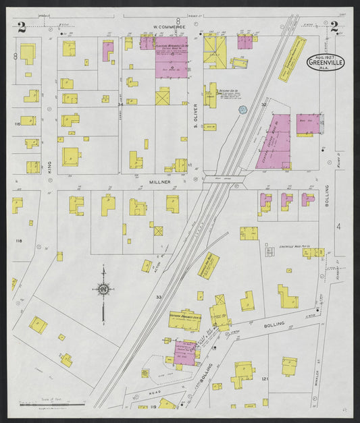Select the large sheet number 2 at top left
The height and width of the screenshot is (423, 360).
pyautogui.click(x=22, y=27)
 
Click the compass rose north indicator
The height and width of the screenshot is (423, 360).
pyautogui.click(x=103, y=289)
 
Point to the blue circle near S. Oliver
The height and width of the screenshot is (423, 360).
pyautogui.click(x=243, y=109)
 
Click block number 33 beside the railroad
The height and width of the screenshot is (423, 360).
pyautogui.click(x=159, y=296)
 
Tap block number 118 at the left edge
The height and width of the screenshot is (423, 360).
pyautogui.click(x=18, y=241)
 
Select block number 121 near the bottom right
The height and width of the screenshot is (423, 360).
pyautogui.click(x=265, y=379)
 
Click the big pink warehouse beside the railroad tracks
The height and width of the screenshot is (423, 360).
pyautogui.click(x=274, y=142)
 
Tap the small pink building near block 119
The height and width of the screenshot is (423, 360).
pyautogui.click(x=184, y=351)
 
